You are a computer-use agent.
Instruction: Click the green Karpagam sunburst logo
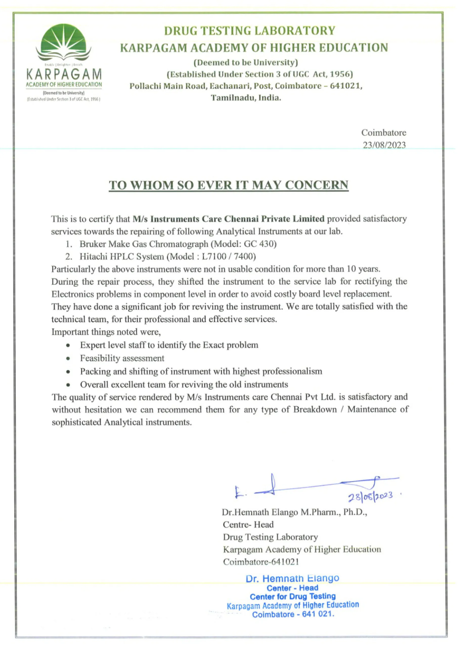click(63, 42)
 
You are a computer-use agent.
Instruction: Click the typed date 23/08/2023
click(384, 145)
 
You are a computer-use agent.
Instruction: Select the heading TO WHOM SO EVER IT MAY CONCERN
click(228, 185)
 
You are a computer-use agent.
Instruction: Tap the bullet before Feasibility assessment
click(68, 359)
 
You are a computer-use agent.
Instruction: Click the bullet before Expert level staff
click(68, 346)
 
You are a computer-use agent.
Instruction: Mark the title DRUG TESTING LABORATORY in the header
click(250, 30)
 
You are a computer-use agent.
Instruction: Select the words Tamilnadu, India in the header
click(246, 98)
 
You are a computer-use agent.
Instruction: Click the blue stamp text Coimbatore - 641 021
click(293, 614)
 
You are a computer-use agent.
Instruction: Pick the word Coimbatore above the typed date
click(384, 132)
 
